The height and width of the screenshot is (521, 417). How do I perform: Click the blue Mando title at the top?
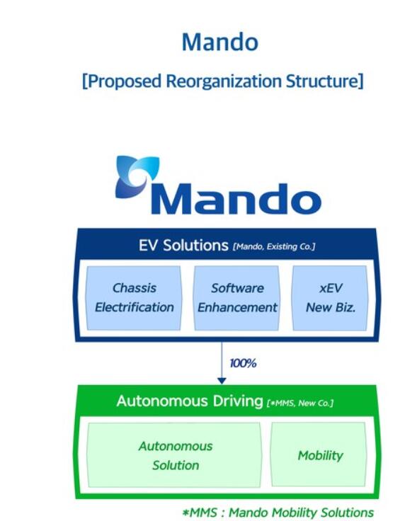click(x=220, y=42)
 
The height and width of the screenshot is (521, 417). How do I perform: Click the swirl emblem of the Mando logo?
click(x=137, y=176)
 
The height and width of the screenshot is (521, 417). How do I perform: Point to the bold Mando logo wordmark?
click(x=236, y=198)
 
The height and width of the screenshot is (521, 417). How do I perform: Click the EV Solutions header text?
click(x=183, y=246)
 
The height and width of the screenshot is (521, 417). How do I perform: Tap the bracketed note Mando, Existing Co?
click(x=274, y=246)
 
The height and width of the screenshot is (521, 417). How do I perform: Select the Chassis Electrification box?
click(x=134, y=298)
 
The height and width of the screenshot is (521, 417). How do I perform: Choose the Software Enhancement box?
click(x=237, y=298)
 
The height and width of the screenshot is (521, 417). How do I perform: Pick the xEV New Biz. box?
click(x=331, y=298)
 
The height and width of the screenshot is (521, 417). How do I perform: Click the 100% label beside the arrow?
click(x=243, y=363)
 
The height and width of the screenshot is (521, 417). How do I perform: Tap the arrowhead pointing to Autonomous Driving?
click(x=222, y=380)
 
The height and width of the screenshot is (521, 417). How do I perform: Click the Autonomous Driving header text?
click(x=190, y=401)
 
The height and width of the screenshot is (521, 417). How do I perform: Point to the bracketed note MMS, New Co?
click(x=300, y=403)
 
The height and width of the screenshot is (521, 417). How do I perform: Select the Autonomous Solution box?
click(x=174, y=455)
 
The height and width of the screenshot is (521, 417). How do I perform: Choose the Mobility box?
click(x=319, y=454)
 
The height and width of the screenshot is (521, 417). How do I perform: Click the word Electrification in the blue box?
click(x=135, y=307)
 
